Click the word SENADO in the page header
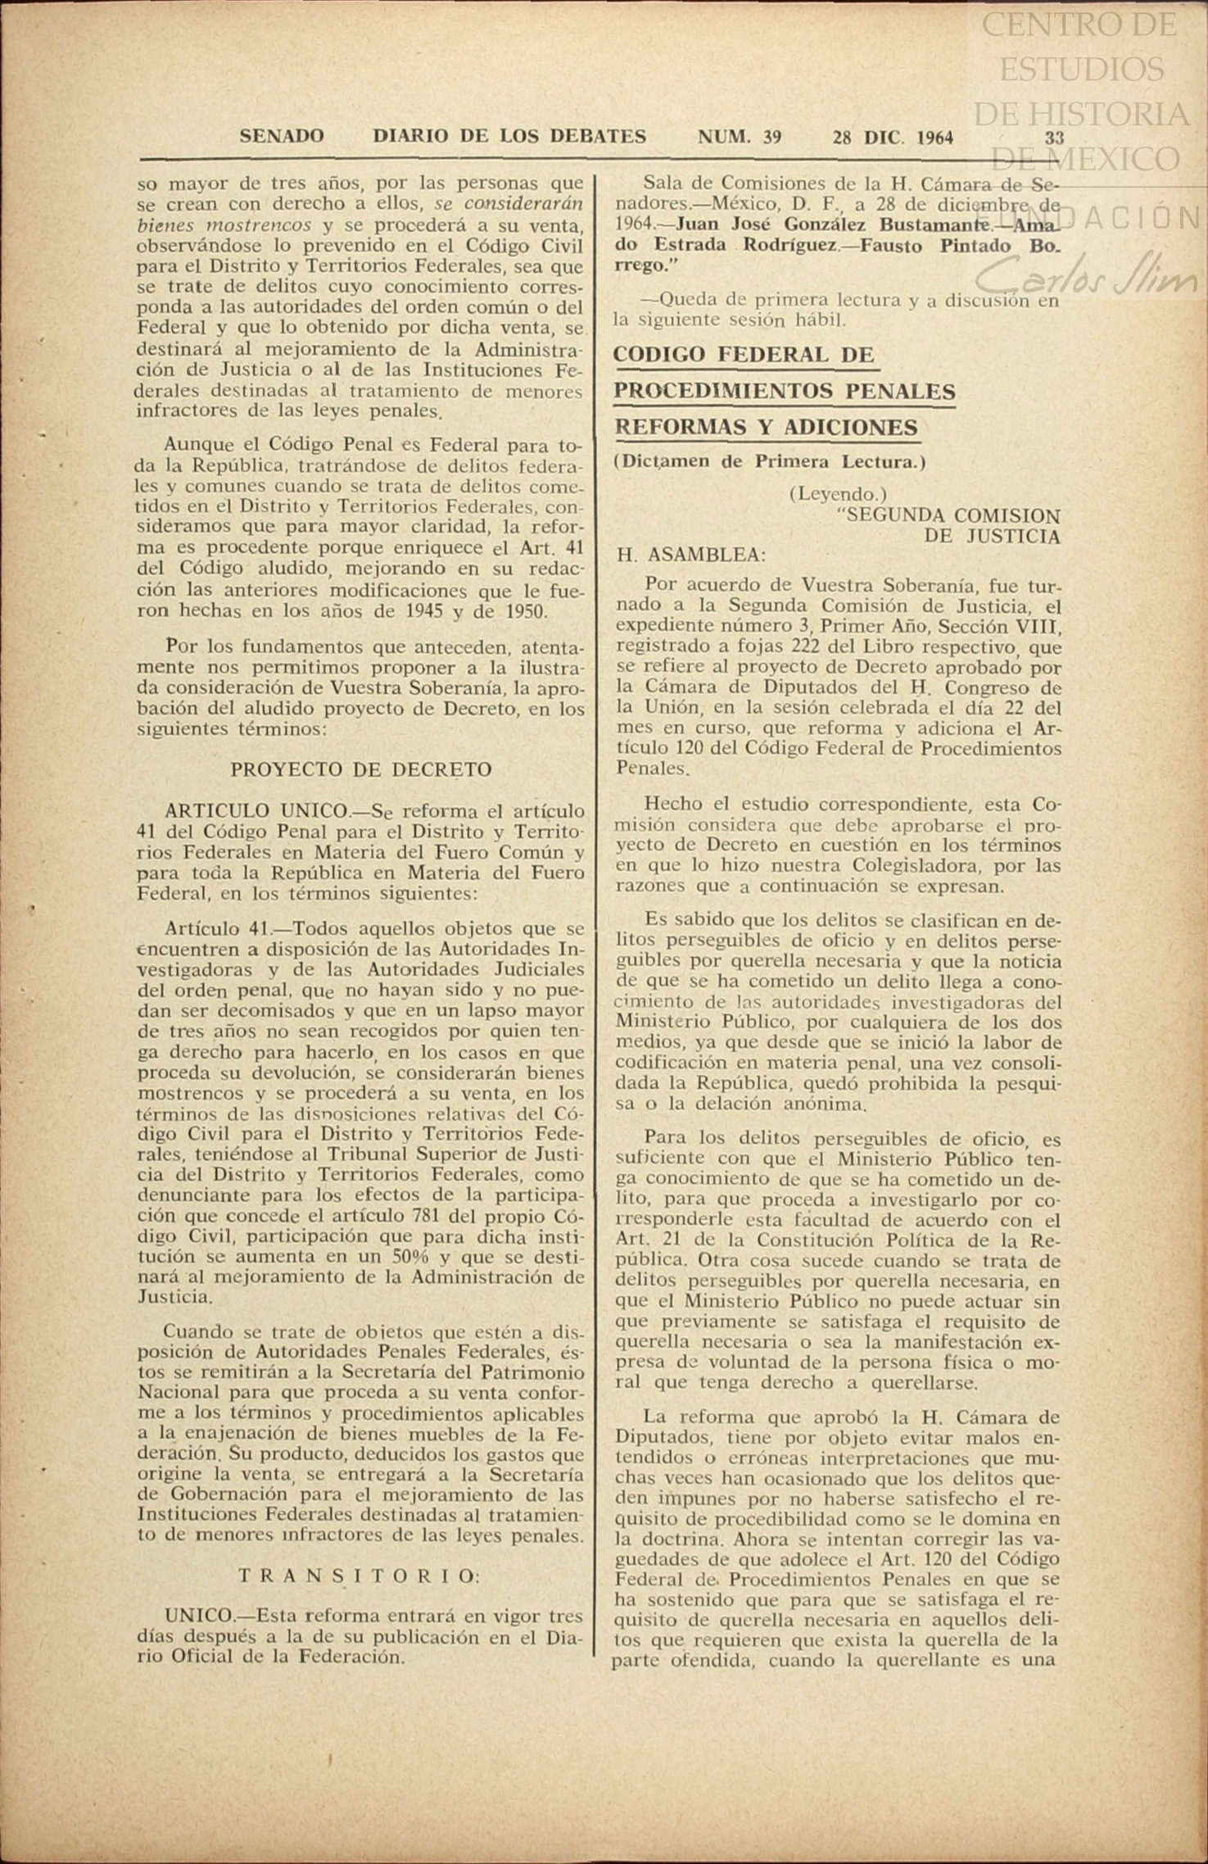(281, 137)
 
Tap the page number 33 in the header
(1053, 138)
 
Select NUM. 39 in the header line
(739, 138)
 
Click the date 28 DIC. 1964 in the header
(893, 138)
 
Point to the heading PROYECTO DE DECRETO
(361, 769)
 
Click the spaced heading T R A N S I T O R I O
(359, 1576)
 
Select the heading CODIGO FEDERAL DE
(744, 355)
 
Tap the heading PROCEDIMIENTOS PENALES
(785, 391)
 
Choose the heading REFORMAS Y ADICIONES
(766, 427)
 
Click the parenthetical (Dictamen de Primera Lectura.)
(769, 461)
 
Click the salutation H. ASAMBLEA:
(691, 556)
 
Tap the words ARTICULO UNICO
(256, 810)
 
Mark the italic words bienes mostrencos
(224, 224)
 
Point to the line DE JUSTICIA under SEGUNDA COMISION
(992, 537)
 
